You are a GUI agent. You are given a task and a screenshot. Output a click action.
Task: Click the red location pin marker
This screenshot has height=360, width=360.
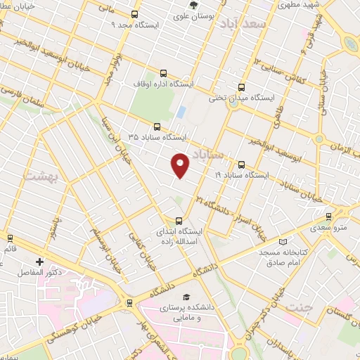coord(180,165)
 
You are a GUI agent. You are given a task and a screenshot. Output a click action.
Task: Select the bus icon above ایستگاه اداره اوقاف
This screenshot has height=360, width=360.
coord(164,72)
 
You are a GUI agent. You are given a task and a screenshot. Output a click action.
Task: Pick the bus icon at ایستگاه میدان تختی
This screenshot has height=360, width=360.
coord(241,87)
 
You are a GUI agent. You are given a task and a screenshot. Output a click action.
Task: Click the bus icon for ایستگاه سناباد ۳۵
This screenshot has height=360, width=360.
coord(157,127)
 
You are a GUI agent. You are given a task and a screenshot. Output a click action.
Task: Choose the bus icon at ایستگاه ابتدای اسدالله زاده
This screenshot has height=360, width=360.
coord(177,220)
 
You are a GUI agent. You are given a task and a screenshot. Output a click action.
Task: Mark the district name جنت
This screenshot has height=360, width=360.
coord(300,306)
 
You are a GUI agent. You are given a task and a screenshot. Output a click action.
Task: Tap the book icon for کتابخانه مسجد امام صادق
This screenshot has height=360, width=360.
coord(283,241)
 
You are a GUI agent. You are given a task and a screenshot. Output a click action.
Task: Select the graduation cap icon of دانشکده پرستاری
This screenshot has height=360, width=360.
coord(186,297)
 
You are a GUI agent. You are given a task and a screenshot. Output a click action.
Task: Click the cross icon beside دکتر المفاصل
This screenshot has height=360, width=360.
coord(39,262)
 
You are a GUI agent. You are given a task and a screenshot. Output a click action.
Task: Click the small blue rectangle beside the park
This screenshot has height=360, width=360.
coord(181,112)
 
